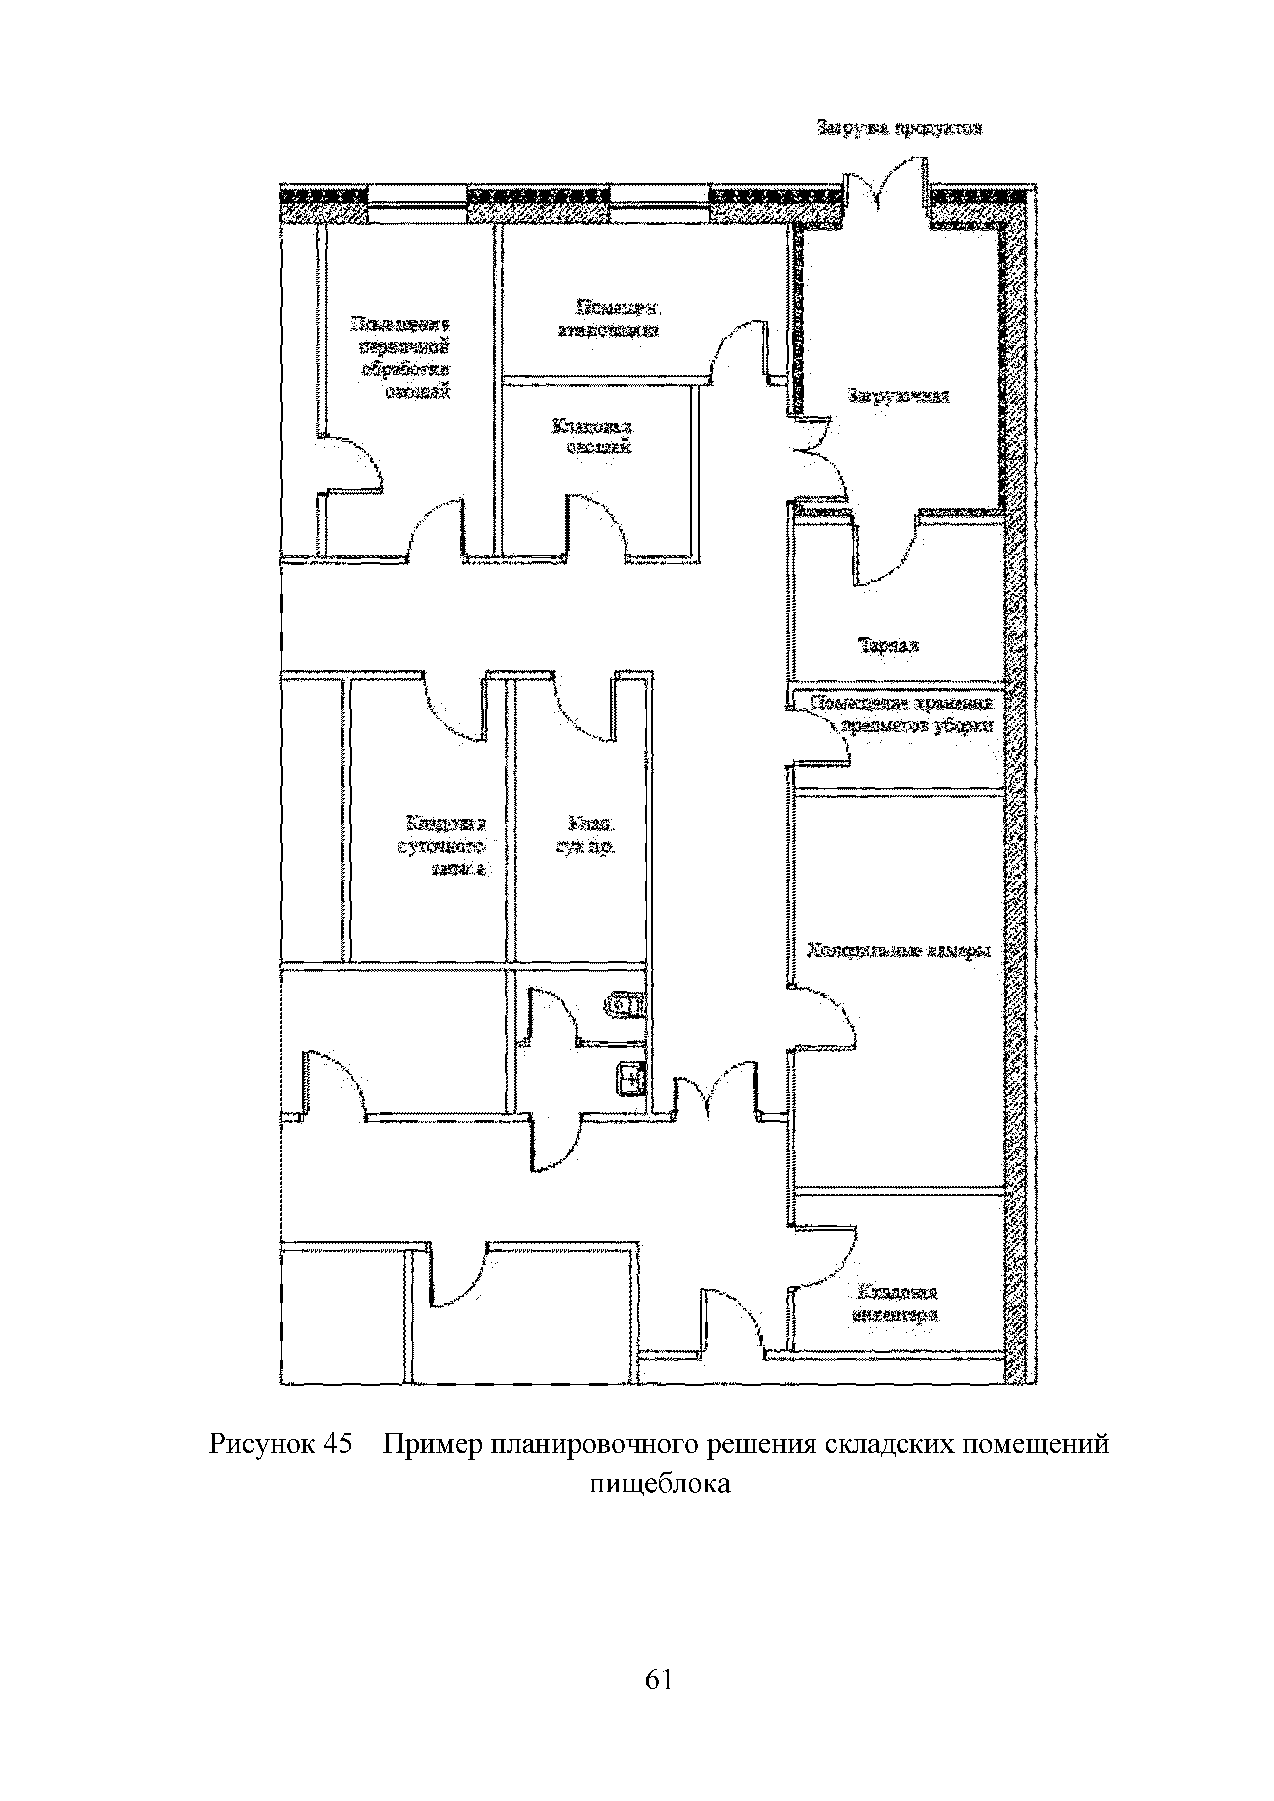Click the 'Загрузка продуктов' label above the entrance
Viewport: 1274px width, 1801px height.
point(898,127)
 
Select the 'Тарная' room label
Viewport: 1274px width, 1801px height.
point(888,645)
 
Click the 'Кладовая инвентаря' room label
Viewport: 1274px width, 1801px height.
point(897,1303)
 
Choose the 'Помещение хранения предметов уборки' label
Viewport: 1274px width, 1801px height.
point(902,714)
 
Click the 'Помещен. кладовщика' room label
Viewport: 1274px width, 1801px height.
point(609,318)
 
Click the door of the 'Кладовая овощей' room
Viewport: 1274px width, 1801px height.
point(596,526)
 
